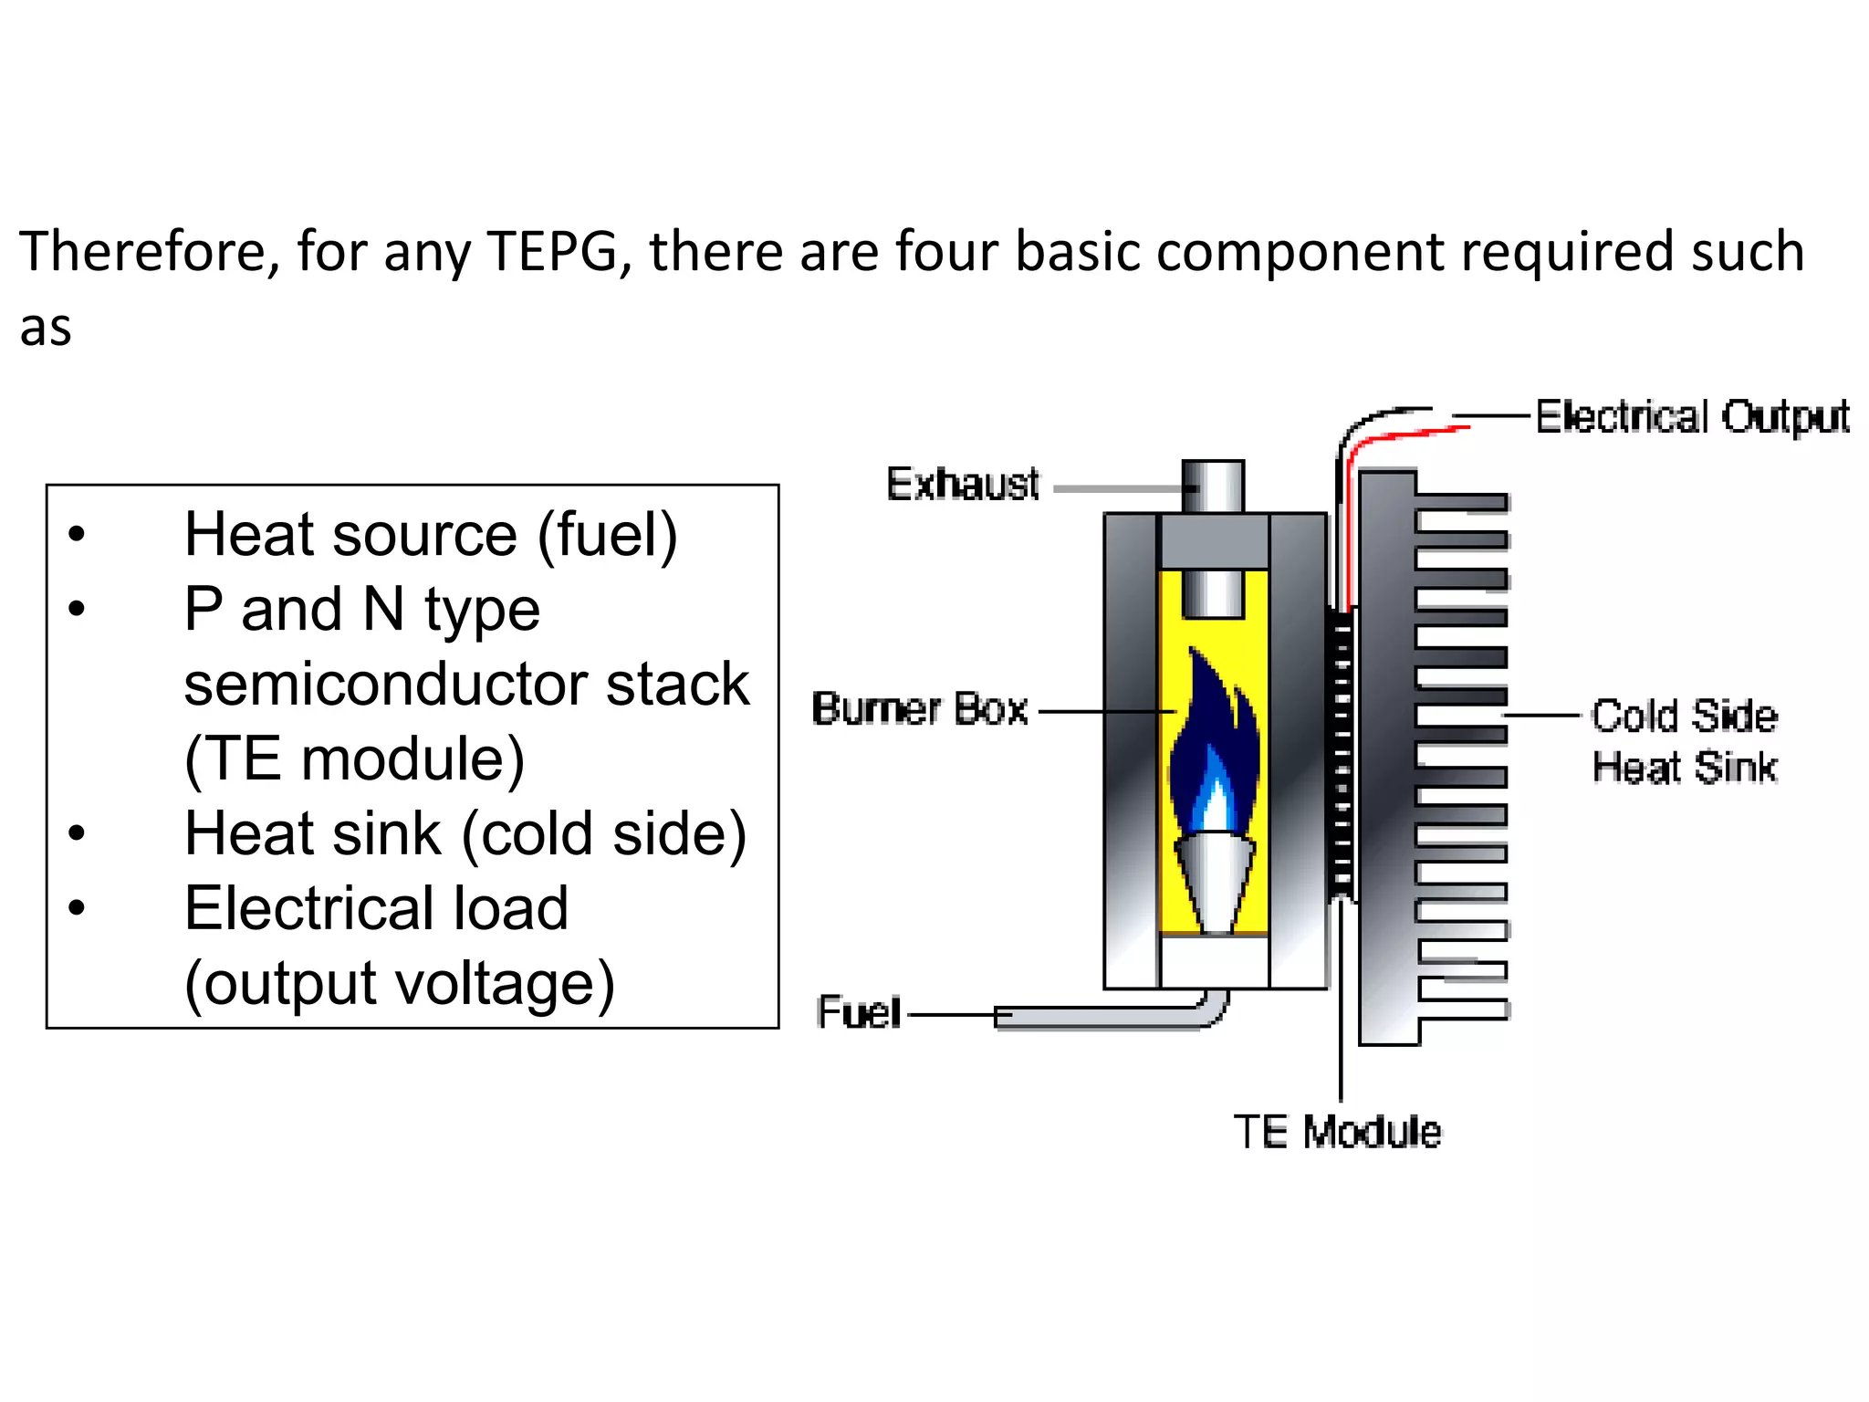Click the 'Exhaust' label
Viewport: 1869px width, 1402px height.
tap(962, 484)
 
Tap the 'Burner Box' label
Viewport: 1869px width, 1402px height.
tap(920, 709)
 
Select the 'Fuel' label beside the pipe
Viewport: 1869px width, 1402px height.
tap(859, 1012)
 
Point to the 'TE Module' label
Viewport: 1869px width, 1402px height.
tap(1337, 1132)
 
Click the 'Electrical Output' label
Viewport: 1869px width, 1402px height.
tap(1692, 417)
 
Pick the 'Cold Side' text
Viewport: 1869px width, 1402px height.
tap(1685, 717)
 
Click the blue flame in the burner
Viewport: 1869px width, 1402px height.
tap(1214, 748)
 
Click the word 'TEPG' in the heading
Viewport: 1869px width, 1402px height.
tap(553, 252)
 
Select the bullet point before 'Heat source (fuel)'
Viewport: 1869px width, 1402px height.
tap(77, 534)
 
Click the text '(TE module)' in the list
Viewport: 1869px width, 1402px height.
tap(354, 759)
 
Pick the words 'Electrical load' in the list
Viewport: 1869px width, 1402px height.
tap(376, 909)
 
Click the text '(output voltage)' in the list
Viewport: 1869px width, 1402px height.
tap(399, 984)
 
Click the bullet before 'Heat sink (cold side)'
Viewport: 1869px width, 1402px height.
tap(77, 833)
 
